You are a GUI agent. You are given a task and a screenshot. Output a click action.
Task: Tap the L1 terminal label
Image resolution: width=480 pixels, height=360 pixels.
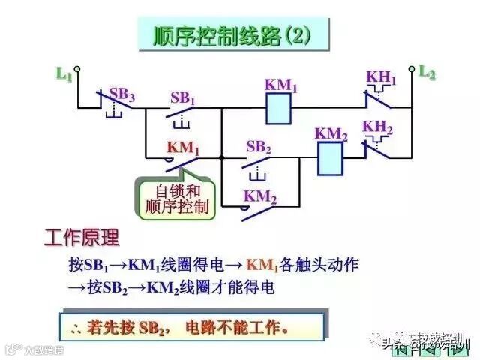click(64, 74)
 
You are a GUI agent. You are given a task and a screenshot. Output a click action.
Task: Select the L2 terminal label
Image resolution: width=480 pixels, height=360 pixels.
click(427, 72)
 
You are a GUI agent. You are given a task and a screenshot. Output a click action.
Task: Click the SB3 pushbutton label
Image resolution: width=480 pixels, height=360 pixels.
click(122, 94)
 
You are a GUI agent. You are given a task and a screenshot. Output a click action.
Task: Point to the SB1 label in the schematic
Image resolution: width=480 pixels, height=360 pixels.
click(182, 97)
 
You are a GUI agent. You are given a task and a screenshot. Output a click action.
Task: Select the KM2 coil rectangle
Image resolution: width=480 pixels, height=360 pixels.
click(331, 158)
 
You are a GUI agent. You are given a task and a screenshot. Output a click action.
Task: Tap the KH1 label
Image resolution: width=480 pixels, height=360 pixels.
click(381, 77)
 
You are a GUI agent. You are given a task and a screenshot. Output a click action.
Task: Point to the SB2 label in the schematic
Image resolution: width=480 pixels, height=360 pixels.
click(258, 147)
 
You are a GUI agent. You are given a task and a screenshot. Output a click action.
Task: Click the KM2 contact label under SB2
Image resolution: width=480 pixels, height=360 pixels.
click(260, 198)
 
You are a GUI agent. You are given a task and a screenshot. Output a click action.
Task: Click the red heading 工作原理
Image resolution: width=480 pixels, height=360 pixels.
click(82, 238)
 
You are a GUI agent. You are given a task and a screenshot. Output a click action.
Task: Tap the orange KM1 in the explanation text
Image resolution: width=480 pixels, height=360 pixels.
click(262, 265)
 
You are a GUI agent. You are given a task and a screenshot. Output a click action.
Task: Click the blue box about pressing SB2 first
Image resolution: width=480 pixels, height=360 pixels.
click(191, 327)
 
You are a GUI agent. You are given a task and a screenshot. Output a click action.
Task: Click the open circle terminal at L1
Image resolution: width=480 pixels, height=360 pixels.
click(76, 69)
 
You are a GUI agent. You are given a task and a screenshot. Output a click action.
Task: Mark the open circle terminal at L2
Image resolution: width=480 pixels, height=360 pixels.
click(412, 68)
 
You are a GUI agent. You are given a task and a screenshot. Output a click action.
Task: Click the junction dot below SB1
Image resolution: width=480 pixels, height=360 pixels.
click(222, 157)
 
